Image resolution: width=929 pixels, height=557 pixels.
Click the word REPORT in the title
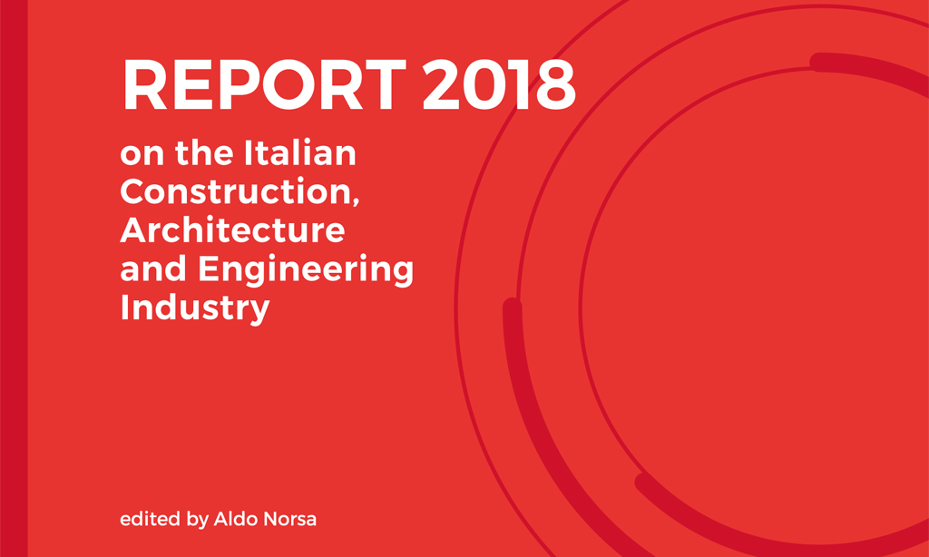pos(264,84)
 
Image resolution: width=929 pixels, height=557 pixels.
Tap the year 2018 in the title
pos(499,84)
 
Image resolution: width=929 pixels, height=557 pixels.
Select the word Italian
pos(299,153)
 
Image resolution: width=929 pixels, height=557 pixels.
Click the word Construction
pos(235,191)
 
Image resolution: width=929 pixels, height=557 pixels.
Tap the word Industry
pos(194,309)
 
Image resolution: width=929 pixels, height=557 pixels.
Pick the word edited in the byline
pos(152,520)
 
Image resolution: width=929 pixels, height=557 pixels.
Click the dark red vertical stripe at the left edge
pos(14,278)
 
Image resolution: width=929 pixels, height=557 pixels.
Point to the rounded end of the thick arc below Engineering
pos(512,307)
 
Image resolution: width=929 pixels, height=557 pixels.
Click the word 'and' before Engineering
pos(155,269)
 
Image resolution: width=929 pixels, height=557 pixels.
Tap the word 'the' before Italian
pos(206,153)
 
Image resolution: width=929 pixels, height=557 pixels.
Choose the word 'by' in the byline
pos(197,521)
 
